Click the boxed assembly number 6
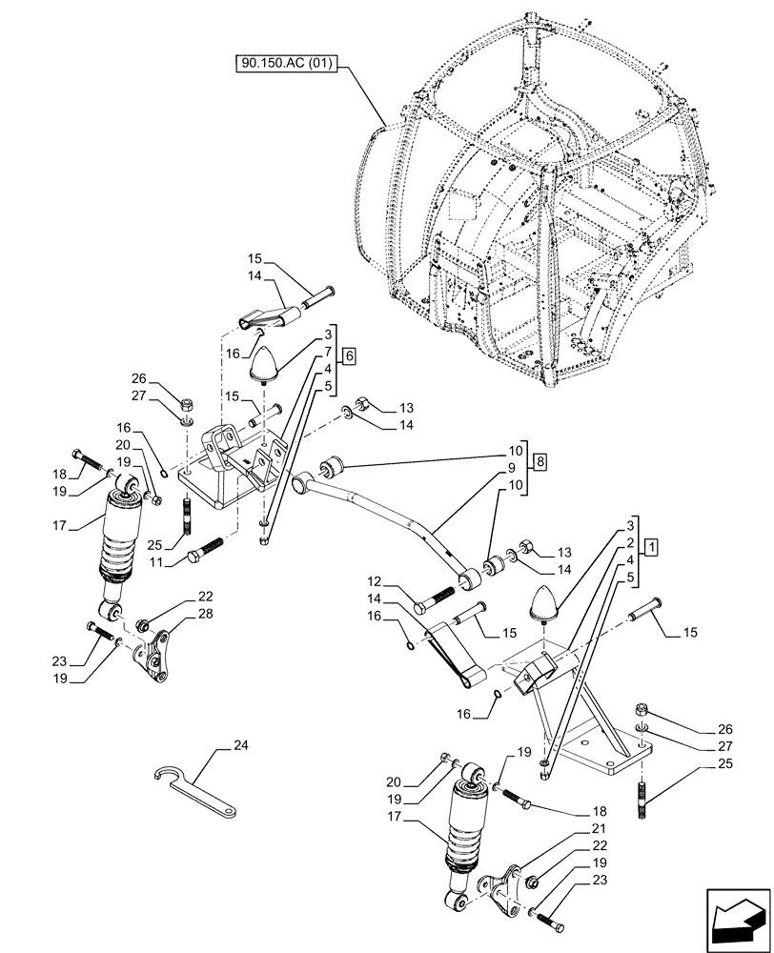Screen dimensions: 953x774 click(349, 355)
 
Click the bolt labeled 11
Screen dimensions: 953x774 click(206, 550)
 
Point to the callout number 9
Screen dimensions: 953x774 click(511, 467)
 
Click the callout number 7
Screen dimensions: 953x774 click(327, 353)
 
